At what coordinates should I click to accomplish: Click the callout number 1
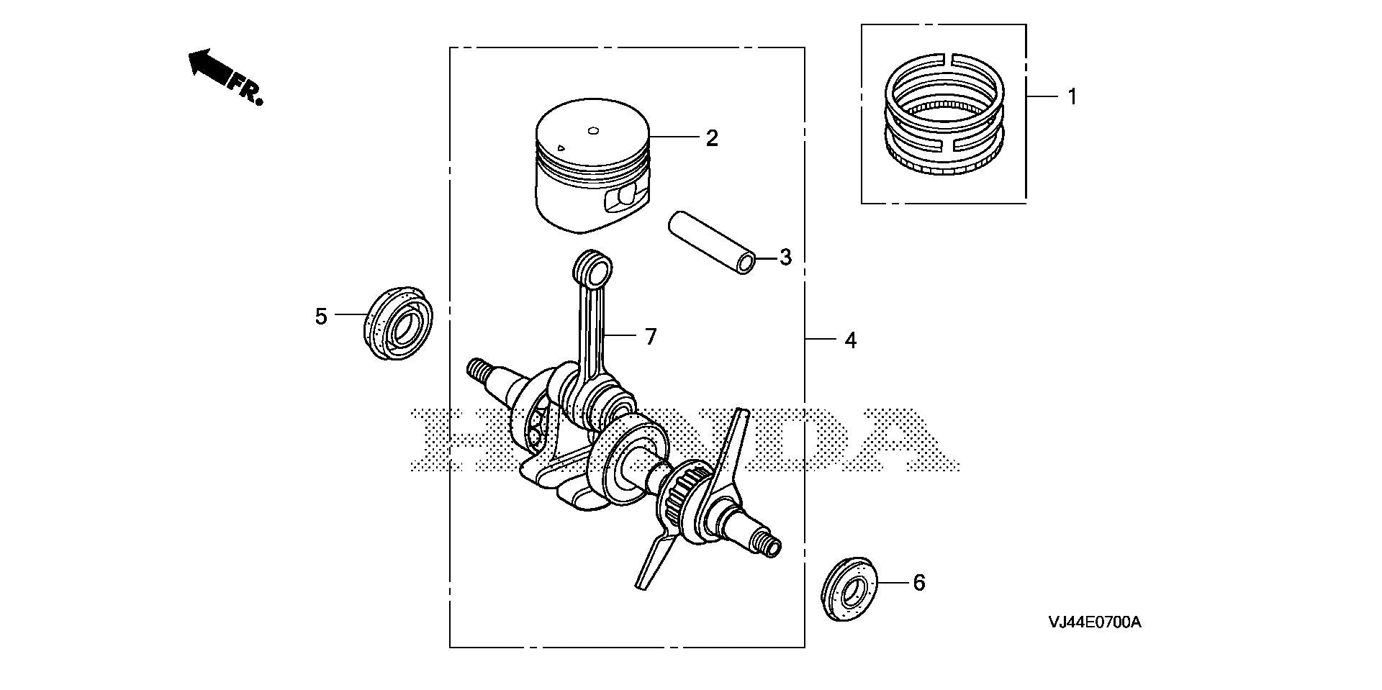1072,96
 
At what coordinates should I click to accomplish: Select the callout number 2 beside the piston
712,137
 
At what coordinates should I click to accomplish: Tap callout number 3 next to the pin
785,257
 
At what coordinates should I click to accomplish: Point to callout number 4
851,340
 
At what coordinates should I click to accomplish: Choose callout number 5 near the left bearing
321,316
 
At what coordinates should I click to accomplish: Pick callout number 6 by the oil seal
919,582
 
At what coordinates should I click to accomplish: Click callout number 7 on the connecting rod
651,336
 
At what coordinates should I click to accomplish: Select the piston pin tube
713,242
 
